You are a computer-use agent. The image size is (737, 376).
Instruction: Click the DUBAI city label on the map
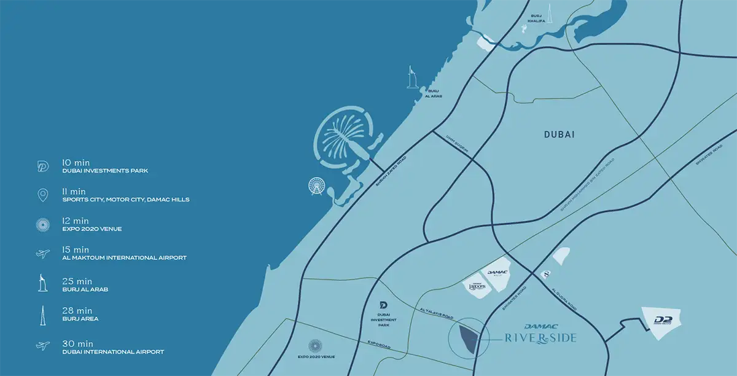559,135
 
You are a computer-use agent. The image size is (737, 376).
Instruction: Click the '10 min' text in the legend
77,163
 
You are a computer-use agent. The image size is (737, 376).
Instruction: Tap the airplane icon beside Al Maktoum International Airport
43,253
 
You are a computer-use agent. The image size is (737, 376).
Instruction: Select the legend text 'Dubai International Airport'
113,352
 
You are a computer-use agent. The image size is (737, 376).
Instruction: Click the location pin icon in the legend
43,195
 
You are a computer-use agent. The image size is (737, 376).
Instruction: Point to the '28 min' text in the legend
77,311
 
